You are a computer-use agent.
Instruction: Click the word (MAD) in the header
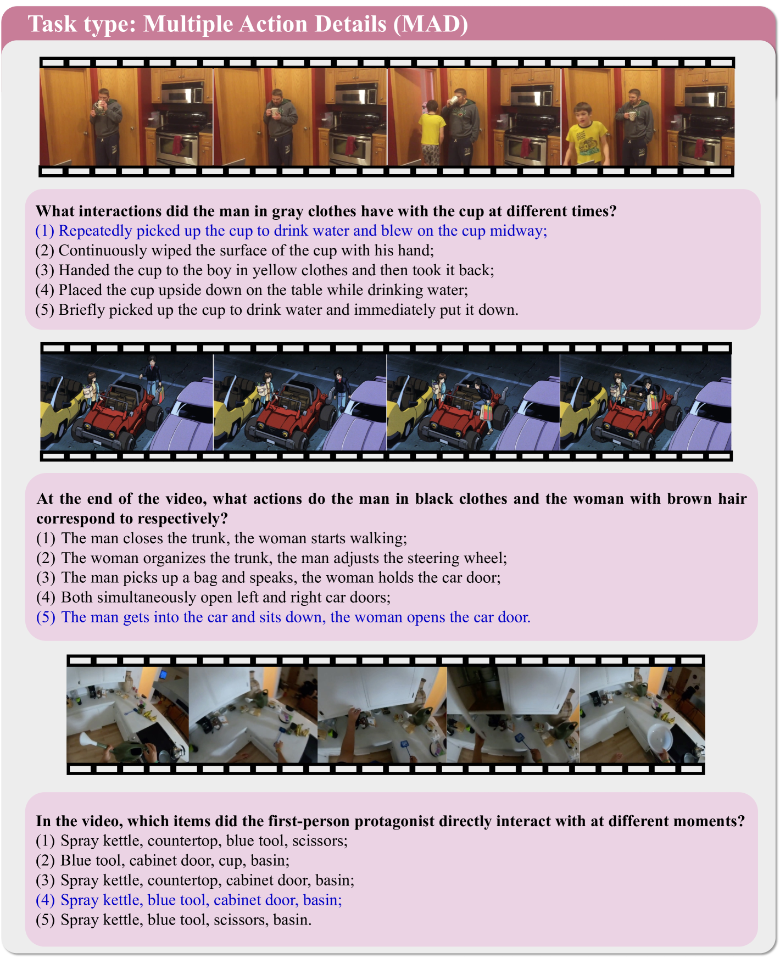tap(431, 24)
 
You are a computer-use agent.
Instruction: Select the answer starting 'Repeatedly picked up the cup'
tap(292, 231)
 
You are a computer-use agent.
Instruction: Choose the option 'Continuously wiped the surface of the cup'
tap(235, 250)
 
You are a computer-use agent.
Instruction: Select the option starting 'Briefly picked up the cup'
tap(277, 310)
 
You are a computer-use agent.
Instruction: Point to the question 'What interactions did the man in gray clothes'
tap(326, 211)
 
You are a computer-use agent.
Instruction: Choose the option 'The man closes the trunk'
tap(222, 538)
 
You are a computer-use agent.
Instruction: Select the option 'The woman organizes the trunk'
tap(272, 558)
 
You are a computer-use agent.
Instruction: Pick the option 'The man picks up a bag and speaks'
tap(269, 578)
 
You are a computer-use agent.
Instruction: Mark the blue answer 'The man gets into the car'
tap(283, 617)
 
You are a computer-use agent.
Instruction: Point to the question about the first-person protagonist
tap(391, 821)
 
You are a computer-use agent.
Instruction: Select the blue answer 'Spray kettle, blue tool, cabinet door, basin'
tap(189, 900)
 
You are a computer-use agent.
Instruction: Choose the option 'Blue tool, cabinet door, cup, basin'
tap(163, 861)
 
